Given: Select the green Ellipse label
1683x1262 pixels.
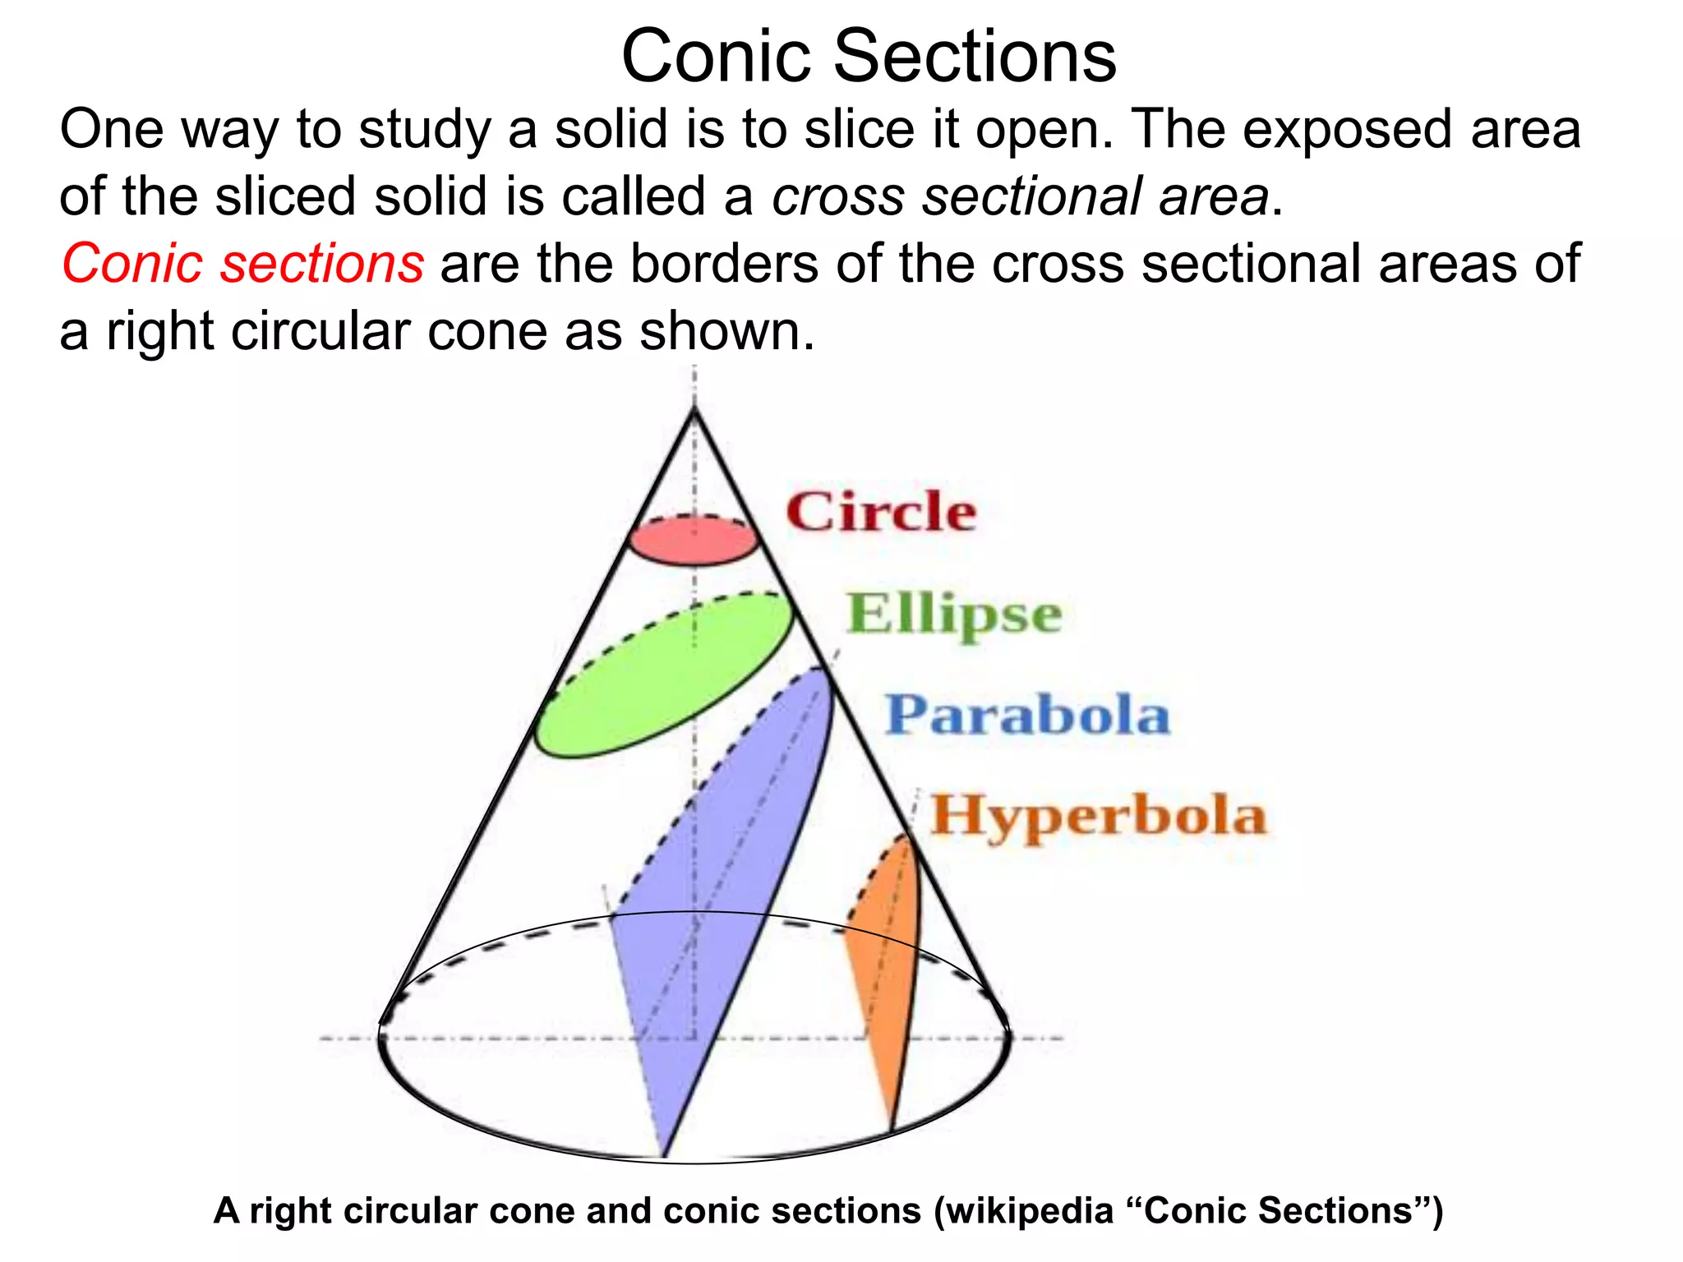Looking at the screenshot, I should (x=954, y=614).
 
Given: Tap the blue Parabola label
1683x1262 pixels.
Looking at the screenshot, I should (x=1027, y=714).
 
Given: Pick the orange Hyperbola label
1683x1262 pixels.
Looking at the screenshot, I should (x=1098, y=815).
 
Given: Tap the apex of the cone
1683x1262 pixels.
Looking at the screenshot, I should (x=694, y=408).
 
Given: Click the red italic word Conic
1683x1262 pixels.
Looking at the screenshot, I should (x=132, y=264).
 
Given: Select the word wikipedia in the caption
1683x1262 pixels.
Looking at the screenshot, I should (x=1031, y=1210).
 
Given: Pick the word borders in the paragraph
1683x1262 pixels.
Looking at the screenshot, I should (x=723, y=264).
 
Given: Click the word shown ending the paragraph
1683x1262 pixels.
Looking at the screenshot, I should (x=726, y=331).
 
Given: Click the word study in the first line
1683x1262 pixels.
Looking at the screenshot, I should (x=424, y=130).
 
